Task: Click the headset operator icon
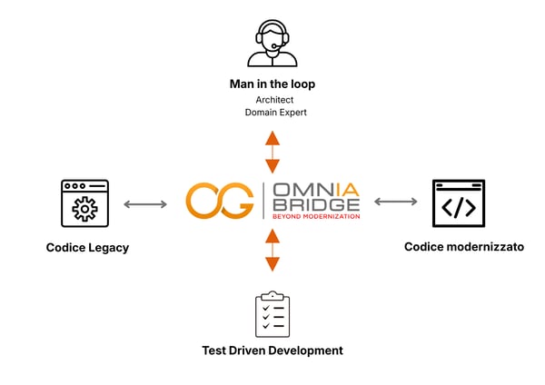(272, 42)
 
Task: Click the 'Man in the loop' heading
(272, 84)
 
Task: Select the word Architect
(272, 100)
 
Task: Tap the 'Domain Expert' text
(272, 113)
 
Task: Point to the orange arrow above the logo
(272, 152)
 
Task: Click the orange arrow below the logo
(272, 251)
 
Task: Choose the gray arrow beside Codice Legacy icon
(145, 203)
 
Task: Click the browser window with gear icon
(84, 202)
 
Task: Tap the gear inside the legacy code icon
(84, 210)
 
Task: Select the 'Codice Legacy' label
(87, 247)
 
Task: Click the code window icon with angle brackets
(458, 202)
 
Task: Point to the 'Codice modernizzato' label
(464, 246)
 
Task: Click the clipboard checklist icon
(272, 314)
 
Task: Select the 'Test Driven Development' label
(272, 350)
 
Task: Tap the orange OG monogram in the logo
(219, 202)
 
